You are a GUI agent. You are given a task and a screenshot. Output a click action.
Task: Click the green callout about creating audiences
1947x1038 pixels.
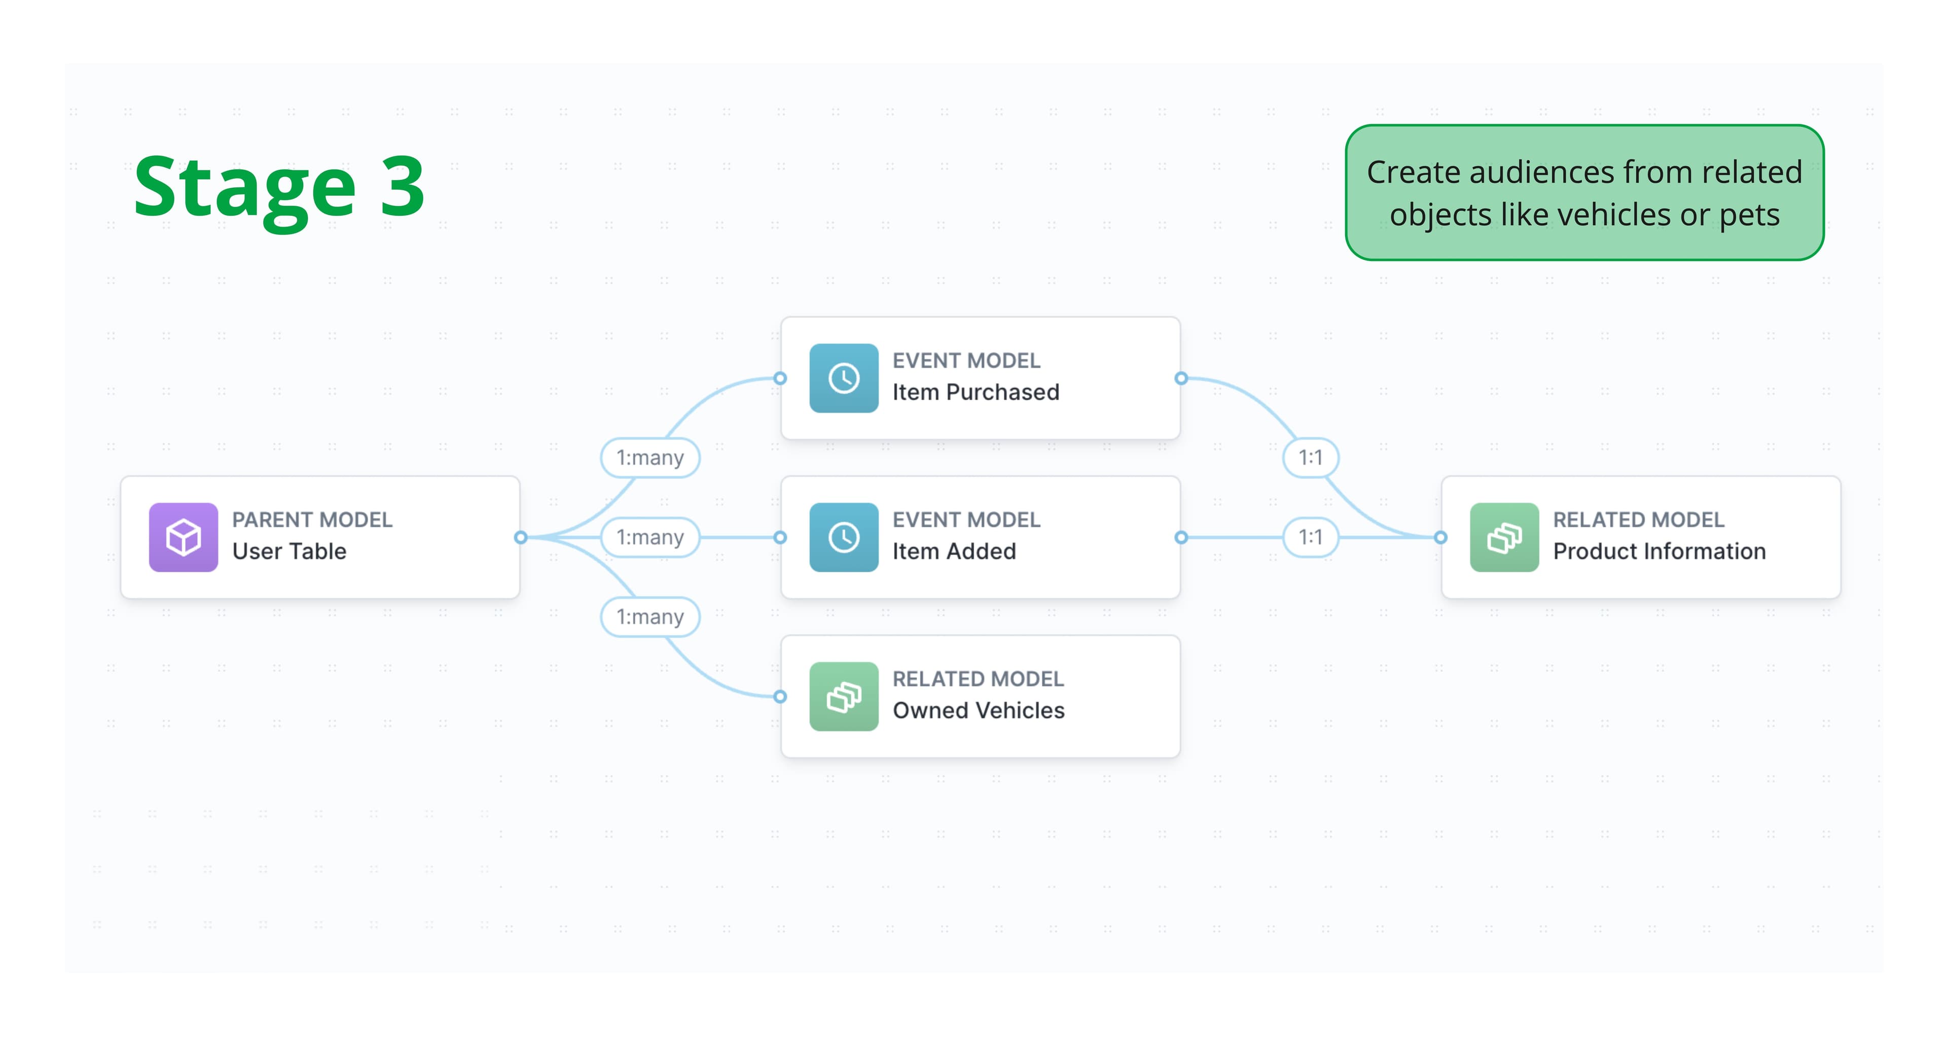click(x=1584, y=193)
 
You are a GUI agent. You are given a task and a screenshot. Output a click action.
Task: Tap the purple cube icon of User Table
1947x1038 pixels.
click(x=183, y=538)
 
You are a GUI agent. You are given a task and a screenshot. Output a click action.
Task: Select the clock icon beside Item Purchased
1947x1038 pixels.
click(x=844, y=378)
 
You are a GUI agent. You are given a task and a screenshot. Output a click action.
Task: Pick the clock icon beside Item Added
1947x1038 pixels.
click(x=844, y=538)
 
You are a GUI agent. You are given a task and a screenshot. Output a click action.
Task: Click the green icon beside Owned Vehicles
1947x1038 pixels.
click(x=844, y=696)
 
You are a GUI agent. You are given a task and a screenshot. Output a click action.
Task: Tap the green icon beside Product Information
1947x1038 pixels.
click(x=1504, y=538)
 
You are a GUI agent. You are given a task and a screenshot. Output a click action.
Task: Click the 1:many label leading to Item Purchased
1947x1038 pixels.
click(x=650, y=458)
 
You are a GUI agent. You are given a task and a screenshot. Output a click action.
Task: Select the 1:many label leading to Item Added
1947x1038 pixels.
click(x=650, y=538)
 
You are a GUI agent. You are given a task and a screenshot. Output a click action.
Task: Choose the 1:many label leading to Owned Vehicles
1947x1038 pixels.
click(x=650, y=617)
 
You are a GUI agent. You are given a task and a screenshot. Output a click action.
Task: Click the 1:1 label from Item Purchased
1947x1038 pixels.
click(x=1311, y=458)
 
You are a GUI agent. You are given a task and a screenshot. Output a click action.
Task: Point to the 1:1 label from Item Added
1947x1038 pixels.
click(x=1311, y=538)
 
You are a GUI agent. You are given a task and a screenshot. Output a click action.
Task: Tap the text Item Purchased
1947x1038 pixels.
click(x=975, y=392)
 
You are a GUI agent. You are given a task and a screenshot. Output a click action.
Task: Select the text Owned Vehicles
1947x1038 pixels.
click(x=978, y=711)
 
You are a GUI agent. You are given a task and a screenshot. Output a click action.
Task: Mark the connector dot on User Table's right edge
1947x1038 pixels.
click(x=520, y=538)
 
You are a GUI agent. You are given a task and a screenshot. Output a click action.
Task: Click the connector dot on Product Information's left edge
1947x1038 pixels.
click(x=1440, y=538)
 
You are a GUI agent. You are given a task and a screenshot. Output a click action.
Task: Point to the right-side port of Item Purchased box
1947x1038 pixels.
click(x=1181, y=378)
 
